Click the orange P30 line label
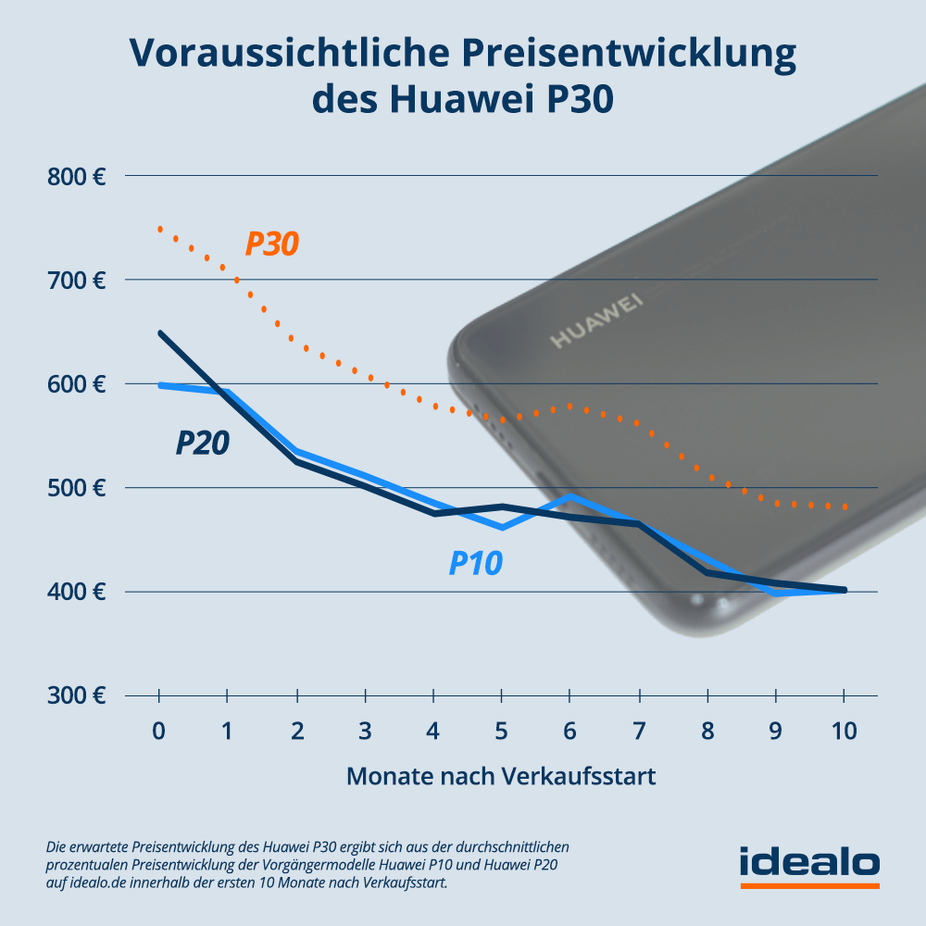[x=272, y=244]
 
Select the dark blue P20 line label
[x=203, y=444]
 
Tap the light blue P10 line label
[x=476, y=563]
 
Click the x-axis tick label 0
[x=159, y=732]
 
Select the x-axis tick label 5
[x=502, y=732]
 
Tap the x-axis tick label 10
[x=844, y=732]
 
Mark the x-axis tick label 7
[x=638, y=732]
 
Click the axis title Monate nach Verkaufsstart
[x=501, y=776]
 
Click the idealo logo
[x=809, y=863]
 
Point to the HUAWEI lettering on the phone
[x=596, y=321]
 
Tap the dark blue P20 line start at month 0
[x=160, y=332]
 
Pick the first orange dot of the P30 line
[x=160, y=229]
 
